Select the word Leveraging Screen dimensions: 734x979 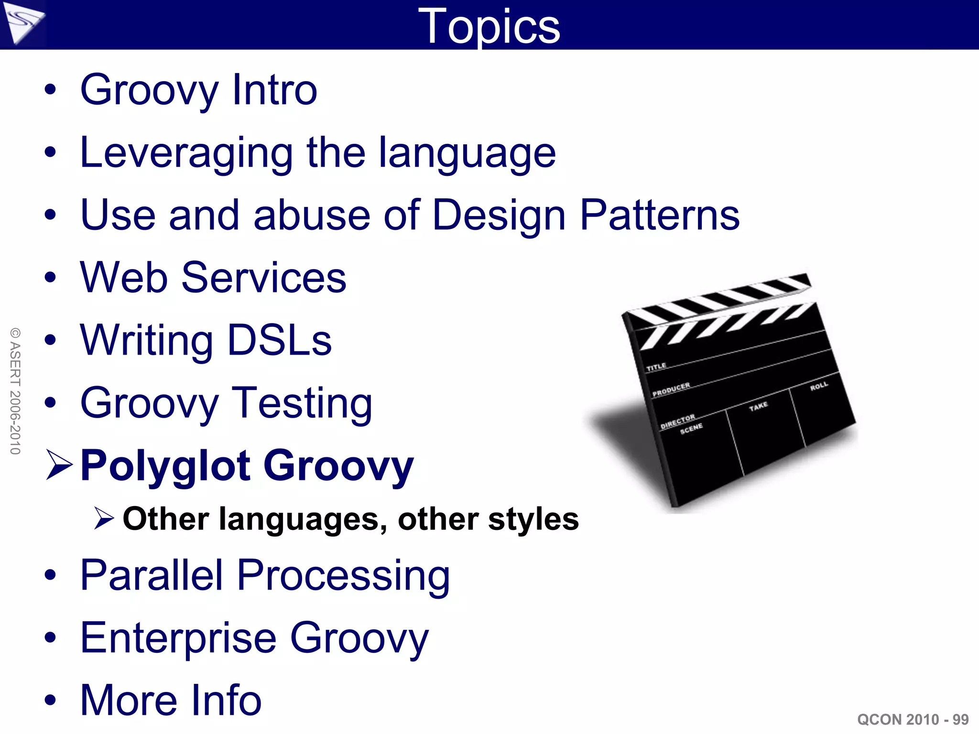point(186,153)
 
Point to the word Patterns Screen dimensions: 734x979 point(660,215)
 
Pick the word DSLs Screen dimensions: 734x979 point(280,340)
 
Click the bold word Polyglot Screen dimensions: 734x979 point(165,466)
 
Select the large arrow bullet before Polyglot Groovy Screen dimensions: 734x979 point(59,464)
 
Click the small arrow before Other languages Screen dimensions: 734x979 point(104,519)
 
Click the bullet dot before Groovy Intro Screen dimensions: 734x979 point(50,90)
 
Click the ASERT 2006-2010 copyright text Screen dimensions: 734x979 point(15,391)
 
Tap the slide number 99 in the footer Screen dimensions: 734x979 point(960,719)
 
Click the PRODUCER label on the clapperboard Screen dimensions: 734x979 point(671,389)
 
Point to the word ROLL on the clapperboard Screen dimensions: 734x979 point(819,386)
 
